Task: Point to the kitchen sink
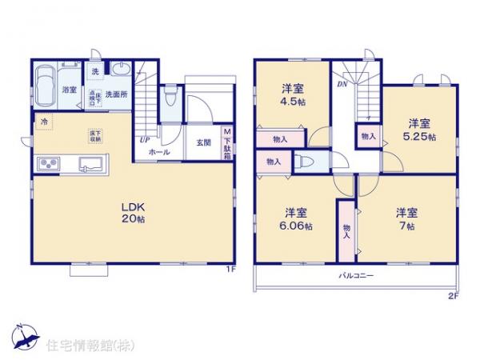click(x=89, y=166)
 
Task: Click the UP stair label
click(x=145, y=141)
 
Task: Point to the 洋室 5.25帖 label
click(x=421, y=130)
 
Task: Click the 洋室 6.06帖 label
click(x=296, y=218)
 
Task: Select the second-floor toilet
click(x=303, y=162)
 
